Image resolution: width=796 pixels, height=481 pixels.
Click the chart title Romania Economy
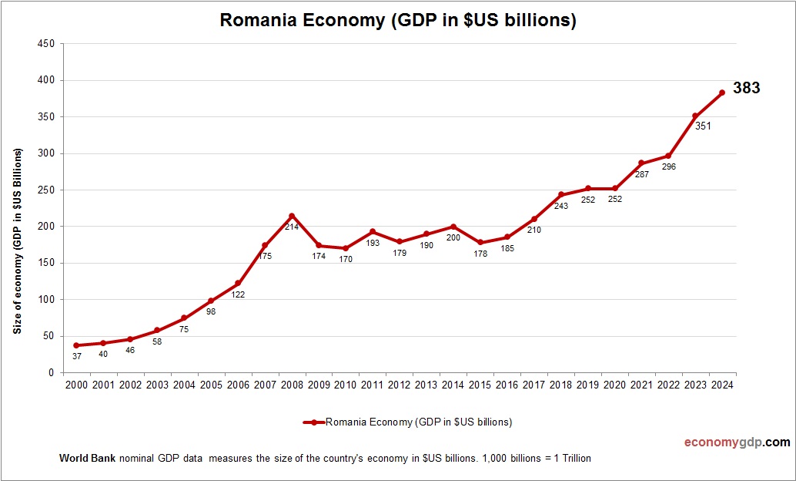(x=398, y=20)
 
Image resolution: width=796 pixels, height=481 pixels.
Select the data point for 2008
(x=291, y=216)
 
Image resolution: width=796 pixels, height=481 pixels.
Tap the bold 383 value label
(x=746, y=88)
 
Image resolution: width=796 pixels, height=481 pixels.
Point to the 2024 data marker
(x=722, y=92)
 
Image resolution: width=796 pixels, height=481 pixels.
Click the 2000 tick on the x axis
(x=76, y=385)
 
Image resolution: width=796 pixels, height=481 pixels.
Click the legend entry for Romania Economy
(x=408, y=422)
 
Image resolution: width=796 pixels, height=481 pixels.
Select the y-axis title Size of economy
(x=16, y=240)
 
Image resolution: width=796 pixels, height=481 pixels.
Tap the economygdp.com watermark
(x=737, y=442)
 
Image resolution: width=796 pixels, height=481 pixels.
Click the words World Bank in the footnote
(x=87, y=458)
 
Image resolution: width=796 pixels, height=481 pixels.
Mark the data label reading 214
(x=292, y=227)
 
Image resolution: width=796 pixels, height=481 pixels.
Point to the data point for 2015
(x=480, y=242)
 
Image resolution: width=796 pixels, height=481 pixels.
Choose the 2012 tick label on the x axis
(x=399, y=385)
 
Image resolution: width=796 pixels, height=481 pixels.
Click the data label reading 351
(x=703, y=126)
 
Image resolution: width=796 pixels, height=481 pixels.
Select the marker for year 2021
(x=641, y=163)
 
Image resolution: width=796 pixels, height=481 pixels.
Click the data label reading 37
(x=76, y=355)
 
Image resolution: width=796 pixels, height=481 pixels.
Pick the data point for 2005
(x=210, y=301)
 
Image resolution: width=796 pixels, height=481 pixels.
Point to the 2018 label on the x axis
(x=560, y=385)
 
